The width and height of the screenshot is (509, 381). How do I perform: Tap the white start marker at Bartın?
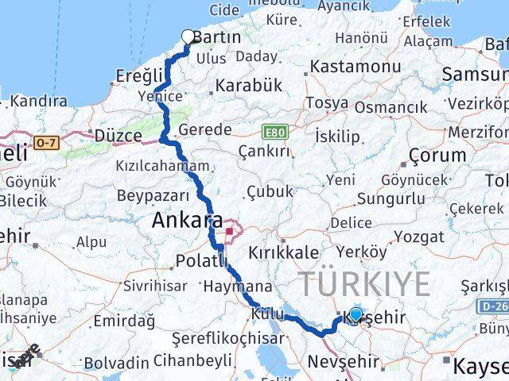click(x=188, y=36)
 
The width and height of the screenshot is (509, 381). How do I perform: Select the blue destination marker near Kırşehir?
click(x=356, y=314)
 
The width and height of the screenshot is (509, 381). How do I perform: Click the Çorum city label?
click(x=437, y=154)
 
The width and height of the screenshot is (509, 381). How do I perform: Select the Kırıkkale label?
click(x=284, y=252)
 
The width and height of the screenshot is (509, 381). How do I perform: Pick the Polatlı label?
click(x=196, y=260)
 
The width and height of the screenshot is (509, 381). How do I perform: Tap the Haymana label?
click(x=237, y=286)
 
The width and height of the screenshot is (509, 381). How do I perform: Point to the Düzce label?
click(x=118, y=136)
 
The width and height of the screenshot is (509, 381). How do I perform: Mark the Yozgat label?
click(x=419, y=237)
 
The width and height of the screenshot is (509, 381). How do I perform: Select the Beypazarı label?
click(x=153, y=195)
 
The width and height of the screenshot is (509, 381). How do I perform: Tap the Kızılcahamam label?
click(x=174, y=167)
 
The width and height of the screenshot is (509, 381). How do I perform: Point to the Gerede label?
click(x=205, y=130)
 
